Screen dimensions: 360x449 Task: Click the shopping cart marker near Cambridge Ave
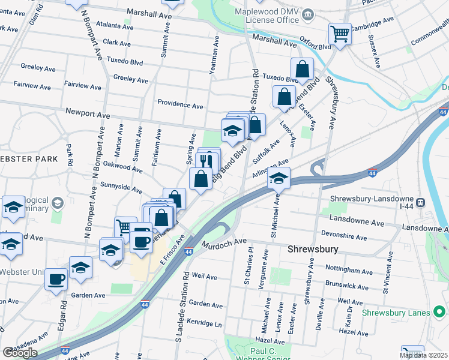point(340,34)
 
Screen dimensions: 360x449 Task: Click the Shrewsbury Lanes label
point(396,313)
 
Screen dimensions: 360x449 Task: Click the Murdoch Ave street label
point(225,242)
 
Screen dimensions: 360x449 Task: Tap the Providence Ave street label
point(180,104)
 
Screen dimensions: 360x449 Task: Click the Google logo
point(19,353)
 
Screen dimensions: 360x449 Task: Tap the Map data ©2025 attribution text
point(424,355)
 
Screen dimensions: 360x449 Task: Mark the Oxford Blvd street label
point(315,46)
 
